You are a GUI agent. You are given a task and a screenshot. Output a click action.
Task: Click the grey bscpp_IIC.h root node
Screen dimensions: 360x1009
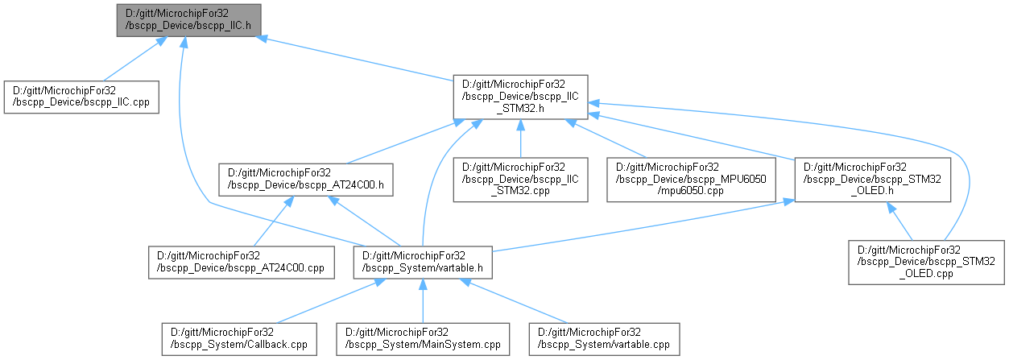[x=188, y=19]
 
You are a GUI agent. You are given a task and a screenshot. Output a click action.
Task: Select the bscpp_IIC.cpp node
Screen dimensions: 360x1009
[x=81, y=97]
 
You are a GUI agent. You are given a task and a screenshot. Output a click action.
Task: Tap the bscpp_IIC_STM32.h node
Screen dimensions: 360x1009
[x=520, y=97]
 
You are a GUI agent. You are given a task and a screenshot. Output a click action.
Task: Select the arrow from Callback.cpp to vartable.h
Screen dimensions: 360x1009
[x=330, y=301]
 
